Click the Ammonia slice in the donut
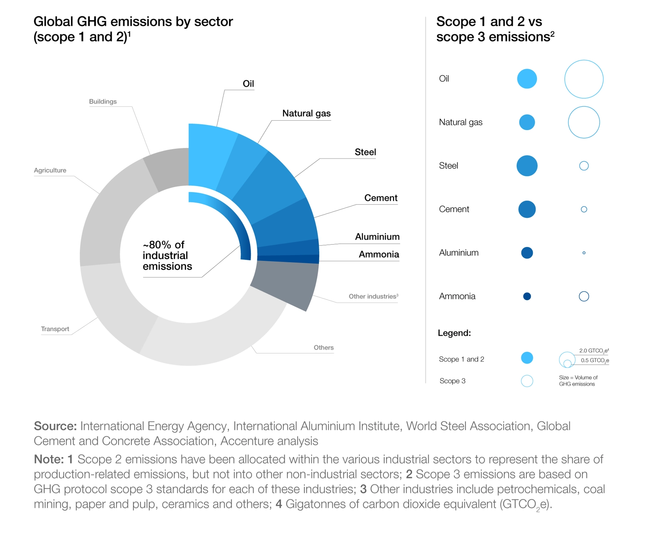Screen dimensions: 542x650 (288, 258)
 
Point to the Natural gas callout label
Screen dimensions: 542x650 (306, 113)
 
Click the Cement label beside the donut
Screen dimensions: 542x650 (380, 198)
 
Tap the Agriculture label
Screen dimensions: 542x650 (50, 170)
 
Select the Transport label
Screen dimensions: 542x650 (55, 329)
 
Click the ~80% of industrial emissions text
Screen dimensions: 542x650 (167, 256)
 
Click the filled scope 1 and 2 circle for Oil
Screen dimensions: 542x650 (526, 79)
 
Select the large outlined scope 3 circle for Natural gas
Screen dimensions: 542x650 (583, 122)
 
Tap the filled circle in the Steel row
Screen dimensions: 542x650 (526, 166)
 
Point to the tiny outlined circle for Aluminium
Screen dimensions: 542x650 (584, 253)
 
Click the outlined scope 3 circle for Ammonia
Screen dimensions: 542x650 (583, 296)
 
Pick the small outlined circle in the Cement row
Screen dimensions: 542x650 (584, 209)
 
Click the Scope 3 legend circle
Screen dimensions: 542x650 (526, 381)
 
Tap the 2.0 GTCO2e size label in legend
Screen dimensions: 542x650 (594, 351)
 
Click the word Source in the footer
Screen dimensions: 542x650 (55, 426)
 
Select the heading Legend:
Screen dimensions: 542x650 (454, 333)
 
